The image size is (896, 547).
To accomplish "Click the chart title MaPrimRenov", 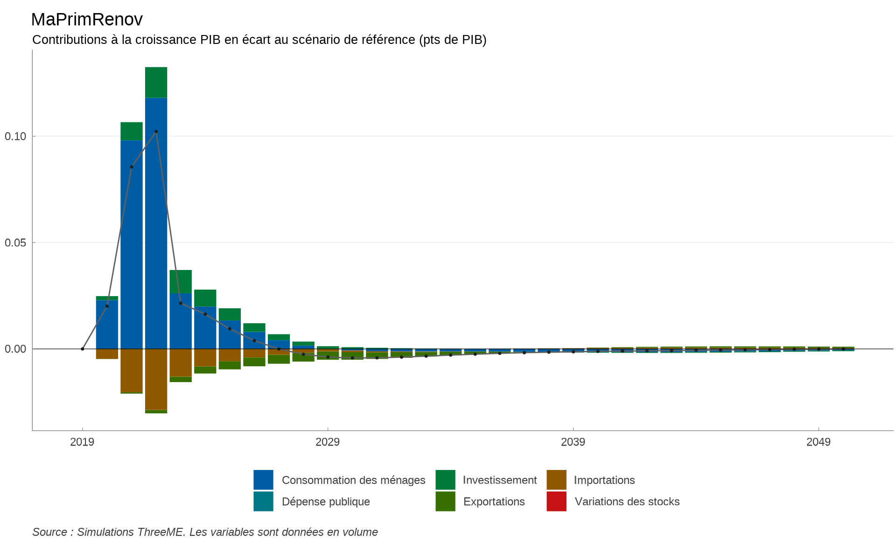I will pyautogui.click(x=87, y=20).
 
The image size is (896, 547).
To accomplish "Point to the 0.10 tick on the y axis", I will pyautogui.click(x=15, y=136).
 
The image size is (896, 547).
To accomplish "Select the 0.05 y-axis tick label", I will pyautogui.click(x=15, y=243).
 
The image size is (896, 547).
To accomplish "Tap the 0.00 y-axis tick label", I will pyautogui.click(x=15, y=349).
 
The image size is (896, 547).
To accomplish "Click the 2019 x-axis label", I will pyautogui.click(x=82, y=442).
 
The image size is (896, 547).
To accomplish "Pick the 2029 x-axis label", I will pyautogui.click(x=328, y=442).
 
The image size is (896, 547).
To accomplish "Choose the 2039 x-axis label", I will pyautogui.click(x=573, y=442).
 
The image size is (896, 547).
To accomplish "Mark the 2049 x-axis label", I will pyautogui.click(x=819, y=442).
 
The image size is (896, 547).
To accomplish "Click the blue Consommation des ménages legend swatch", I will pyautogui.click(x=263, y=480).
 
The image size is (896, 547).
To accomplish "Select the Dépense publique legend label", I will pyautogui.click(x=326, y=502).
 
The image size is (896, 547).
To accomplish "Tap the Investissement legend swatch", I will pyautogui.click(x=445, y=480).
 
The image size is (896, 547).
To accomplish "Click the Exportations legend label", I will pyautogui.click(x=494, y=502).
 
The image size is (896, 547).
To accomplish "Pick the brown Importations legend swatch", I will pyautogui.click(x=556, y=480).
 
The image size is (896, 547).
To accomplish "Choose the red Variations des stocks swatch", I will pyautogui.click(x=556, y=501).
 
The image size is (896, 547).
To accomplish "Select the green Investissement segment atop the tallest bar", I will pyautogui.click(x=156, y=83).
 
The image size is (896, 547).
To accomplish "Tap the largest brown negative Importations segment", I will pyautogui.click(x=156, y=379).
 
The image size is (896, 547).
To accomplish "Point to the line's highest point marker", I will pyautogui.click(x=156, y=132).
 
